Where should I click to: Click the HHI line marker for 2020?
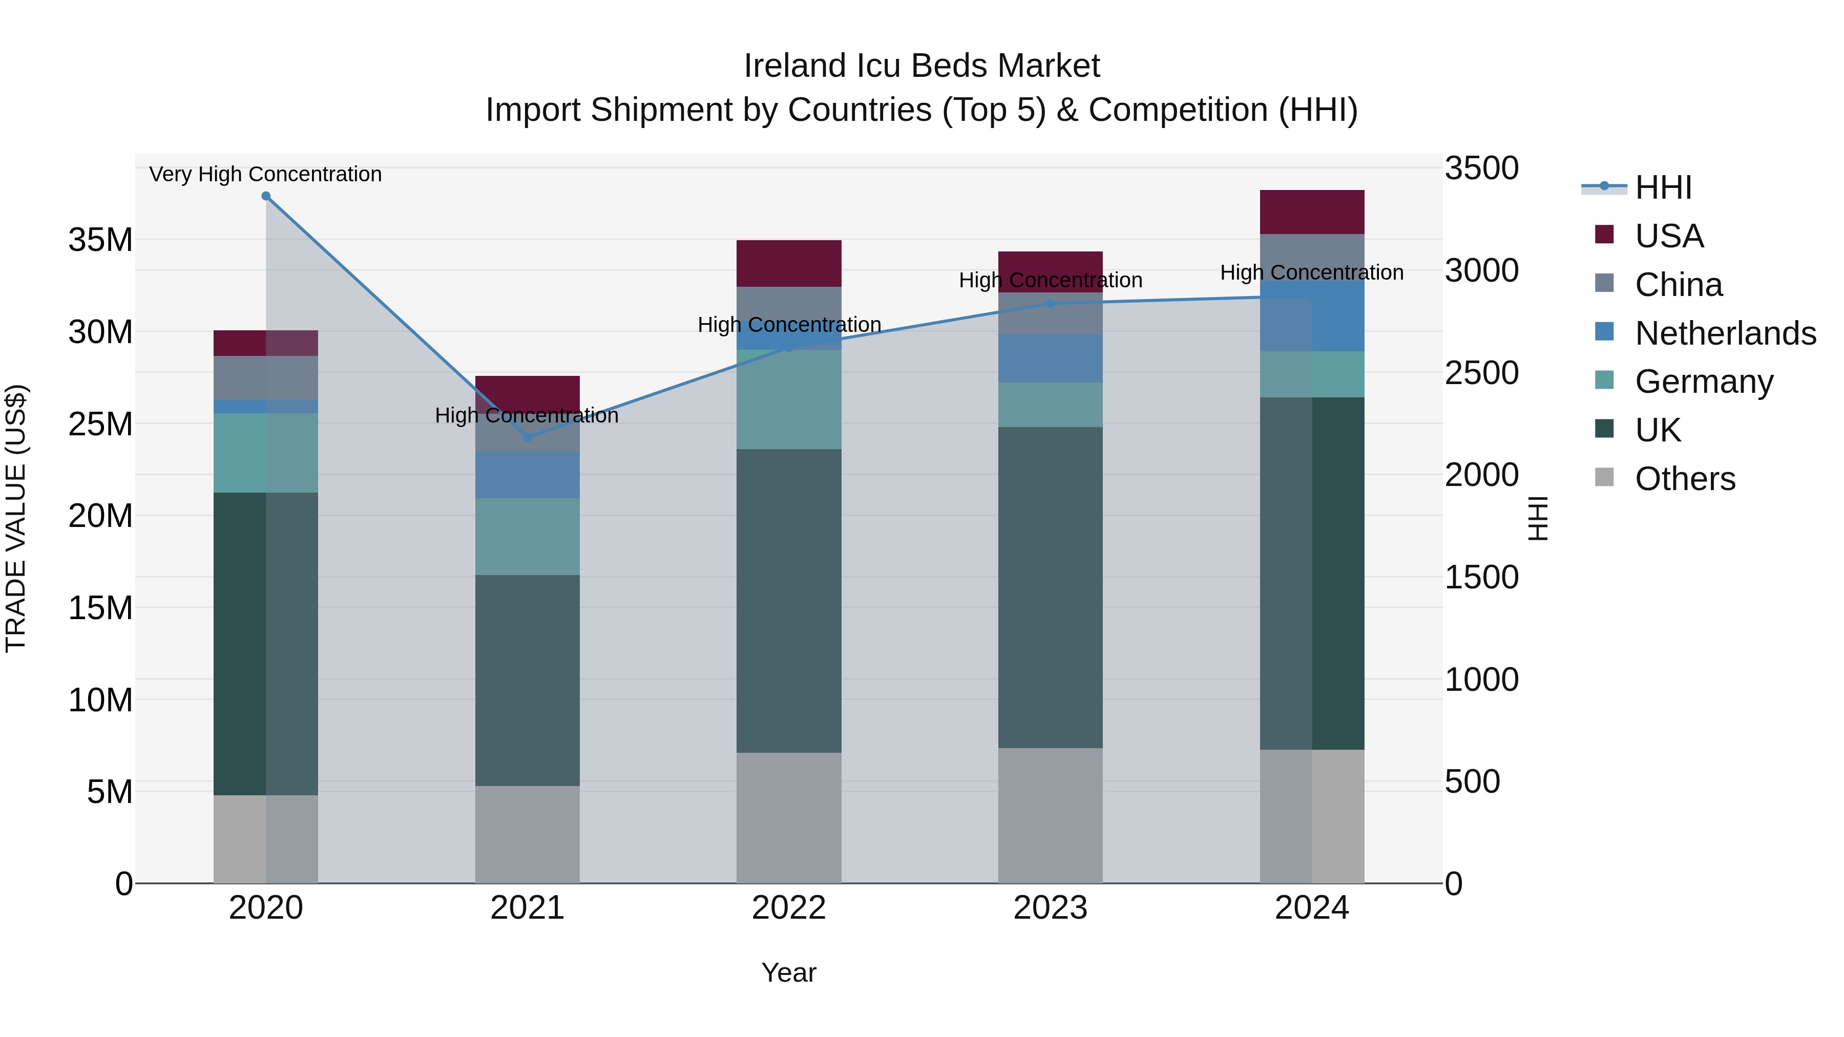click(x=265, y=196)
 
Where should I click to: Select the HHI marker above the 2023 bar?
click(x=1050, y=304)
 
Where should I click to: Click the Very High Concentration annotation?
click(x=265, y=175)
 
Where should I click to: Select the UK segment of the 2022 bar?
click(x=789, y=601)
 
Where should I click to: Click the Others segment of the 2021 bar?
click(x=528, y=835)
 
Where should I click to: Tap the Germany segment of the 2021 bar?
click(x=528, y=537)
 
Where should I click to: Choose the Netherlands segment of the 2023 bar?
click(x=1050, y=358)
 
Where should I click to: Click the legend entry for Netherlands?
click(x=1725, y=333)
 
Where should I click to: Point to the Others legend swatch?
click(x=1605, y=477)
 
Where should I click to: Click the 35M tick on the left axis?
click(x=100, y=240)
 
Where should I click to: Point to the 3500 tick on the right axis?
click(x=1481, y=169)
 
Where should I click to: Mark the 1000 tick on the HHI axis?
click(x=1481, y=680)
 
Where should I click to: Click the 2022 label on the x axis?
click(x=789, y=908)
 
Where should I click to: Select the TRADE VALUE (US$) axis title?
click(x=16, y=518)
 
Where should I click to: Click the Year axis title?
click(x=789, y=972)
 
